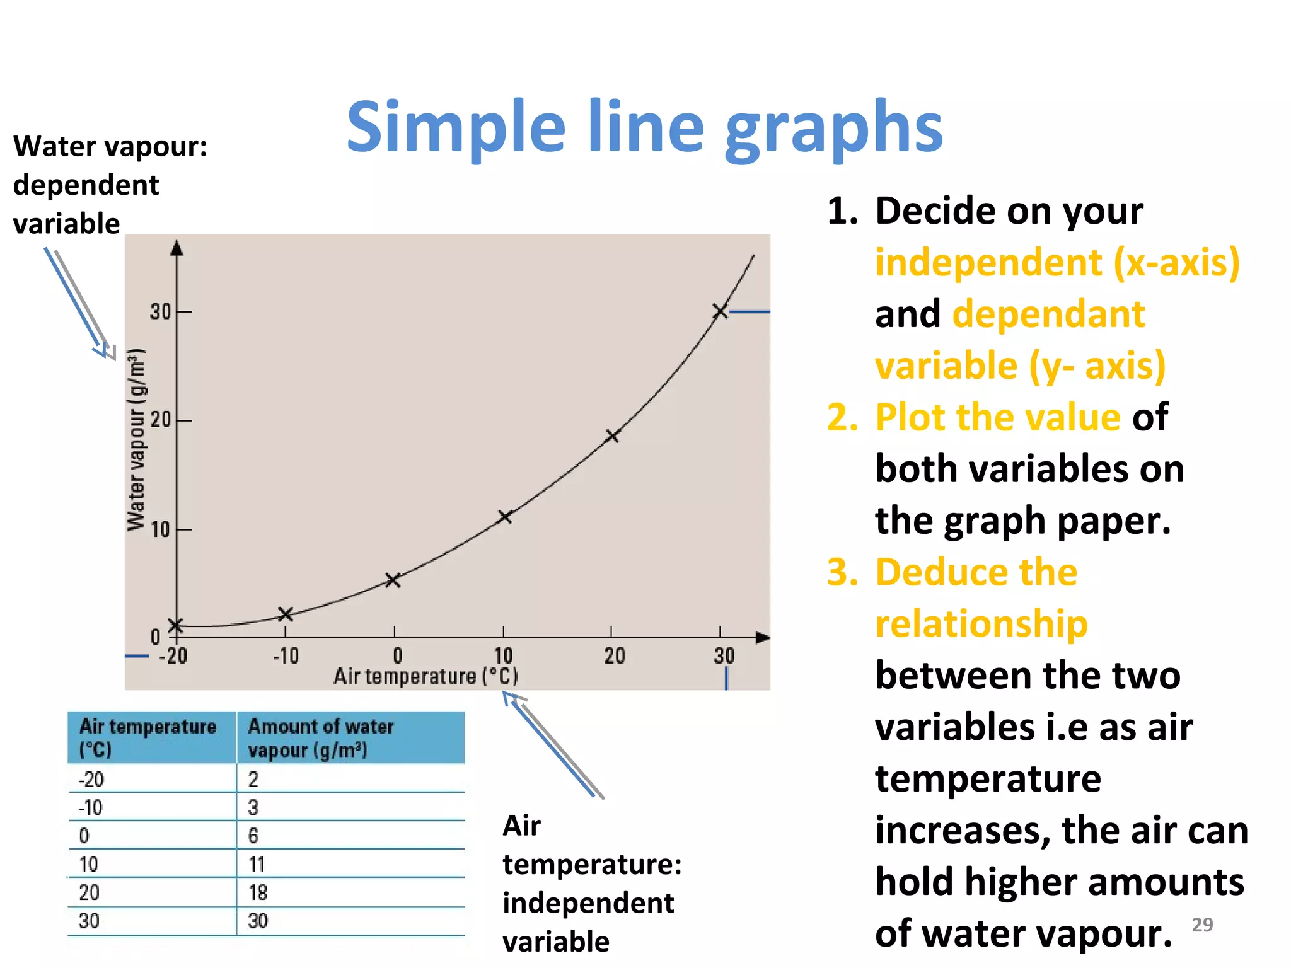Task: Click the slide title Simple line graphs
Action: [x=644, y=127]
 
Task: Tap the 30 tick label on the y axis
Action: [x=161, y=311]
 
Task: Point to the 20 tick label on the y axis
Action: [x=161, y=420]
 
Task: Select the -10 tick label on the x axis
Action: [x=286, y=656]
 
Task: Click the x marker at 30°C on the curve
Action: [x=720, y=311]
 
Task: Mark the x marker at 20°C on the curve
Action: [x=611, y=435]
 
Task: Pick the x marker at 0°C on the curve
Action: [x=393, y=580]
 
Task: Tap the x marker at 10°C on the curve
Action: [x=504, y=517]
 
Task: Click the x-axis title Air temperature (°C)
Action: [x=426, y=676]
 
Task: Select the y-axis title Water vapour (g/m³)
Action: [x=137, y=439]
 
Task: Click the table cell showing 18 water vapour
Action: [x=258, y=892]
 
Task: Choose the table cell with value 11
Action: [x=257, y=864]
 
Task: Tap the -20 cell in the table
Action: [x=91, y=780]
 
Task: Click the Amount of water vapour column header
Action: [x=320, y=738]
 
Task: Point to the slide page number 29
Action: [x=1202, y=925]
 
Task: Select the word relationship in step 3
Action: [x=981, y=623]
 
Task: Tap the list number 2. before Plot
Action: [x=842, y=417]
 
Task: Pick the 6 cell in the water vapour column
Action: [x=253, y=836]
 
